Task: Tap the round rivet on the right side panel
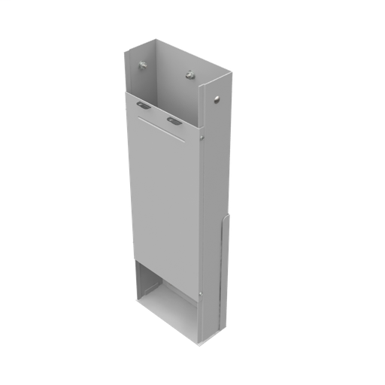point(217,98)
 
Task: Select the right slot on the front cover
point(174,120)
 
